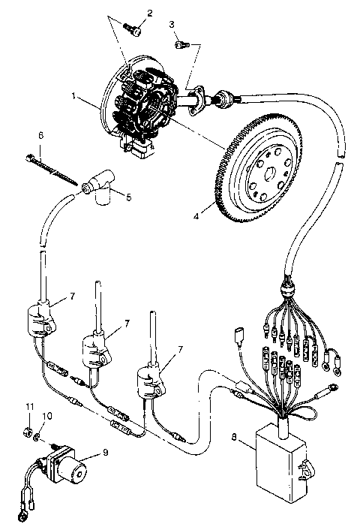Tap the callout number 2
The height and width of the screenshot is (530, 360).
[148, 12]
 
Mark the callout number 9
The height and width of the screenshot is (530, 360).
[105, 453]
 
